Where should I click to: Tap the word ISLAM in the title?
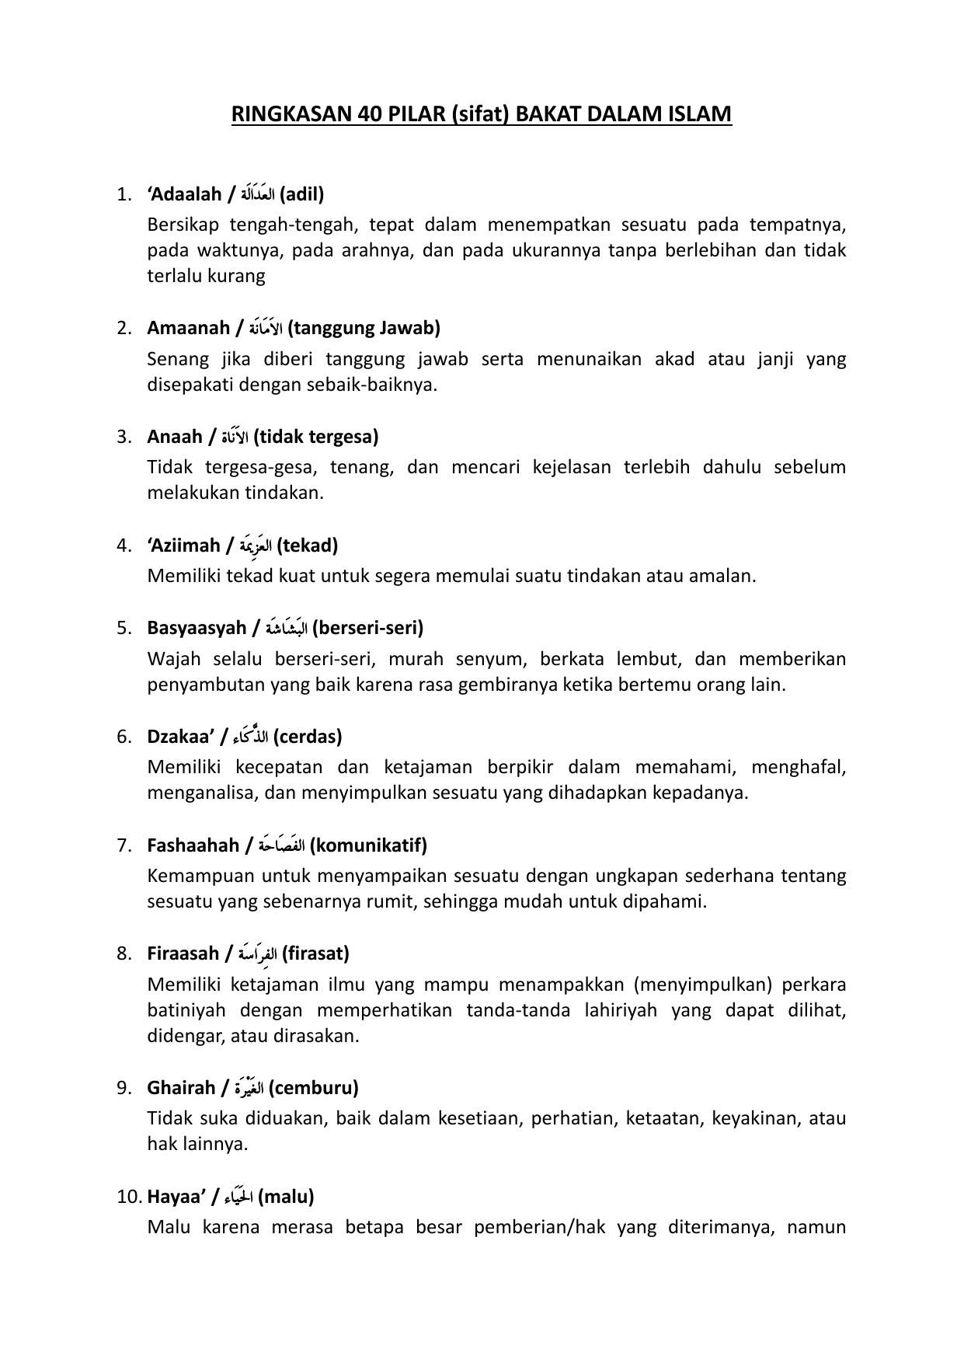(699, 114)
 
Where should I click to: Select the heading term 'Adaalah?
(184, 193)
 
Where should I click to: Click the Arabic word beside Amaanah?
(266, 328)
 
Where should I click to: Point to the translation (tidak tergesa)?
(316, 436)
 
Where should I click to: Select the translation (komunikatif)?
(368, 845)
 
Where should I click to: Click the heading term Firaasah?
(183, 953)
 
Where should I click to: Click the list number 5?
(124, 627)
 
